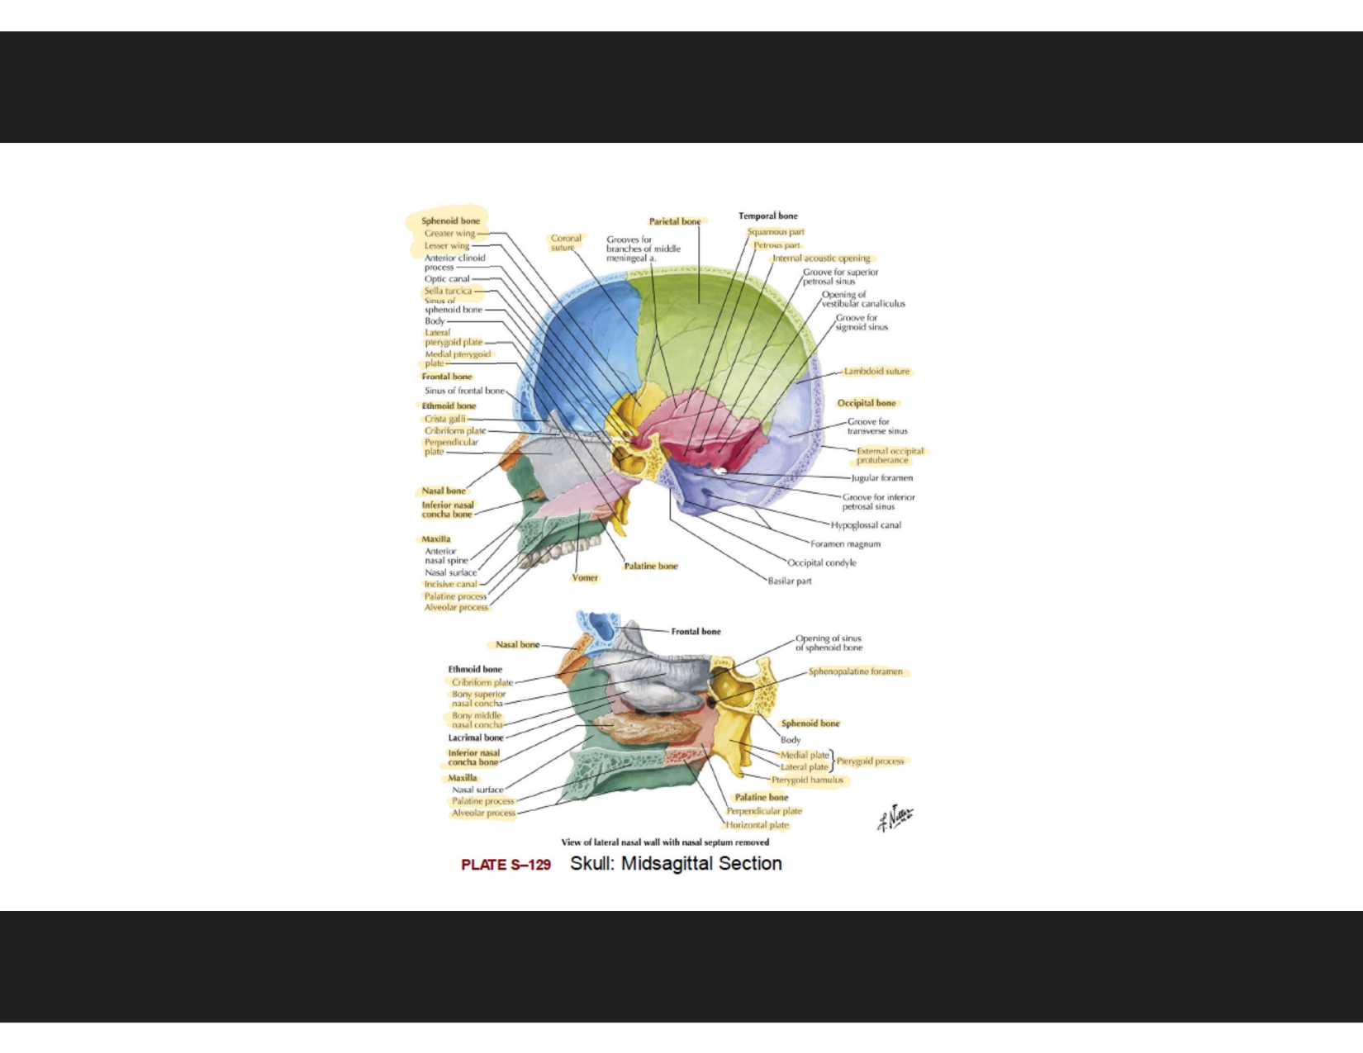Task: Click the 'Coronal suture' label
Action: [566, 243]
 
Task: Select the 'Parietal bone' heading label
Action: [674, 221]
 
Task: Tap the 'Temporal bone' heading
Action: [767, 216]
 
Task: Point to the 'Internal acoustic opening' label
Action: [821, 259]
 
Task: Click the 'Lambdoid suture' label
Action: [876, 372]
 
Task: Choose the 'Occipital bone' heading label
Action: [866, 403]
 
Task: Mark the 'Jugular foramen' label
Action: [882, 478]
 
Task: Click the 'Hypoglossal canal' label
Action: [866, 525]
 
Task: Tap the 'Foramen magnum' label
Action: [845, 544]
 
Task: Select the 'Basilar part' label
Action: [790, 581]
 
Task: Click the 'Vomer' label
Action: [585, 578]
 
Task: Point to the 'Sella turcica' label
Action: [448, 291]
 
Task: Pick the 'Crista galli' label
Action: [445, 419]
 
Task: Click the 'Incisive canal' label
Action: [450, 585]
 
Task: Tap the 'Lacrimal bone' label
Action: [476, 738]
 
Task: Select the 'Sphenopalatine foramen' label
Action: [855, 671]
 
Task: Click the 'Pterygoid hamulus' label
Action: [807, 780]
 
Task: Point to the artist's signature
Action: [895, 818]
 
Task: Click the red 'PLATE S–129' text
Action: [506, 865]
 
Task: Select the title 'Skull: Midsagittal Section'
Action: [676, 864]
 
